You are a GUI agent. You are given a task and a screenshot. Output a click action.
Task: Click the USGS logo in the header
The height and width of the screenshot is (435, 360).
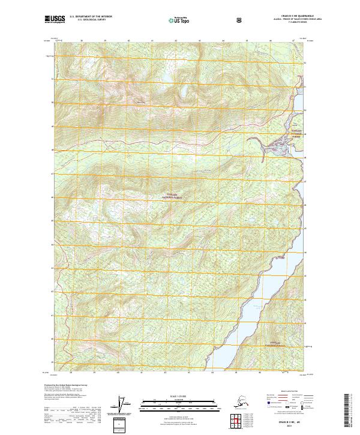click(55, 20)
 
